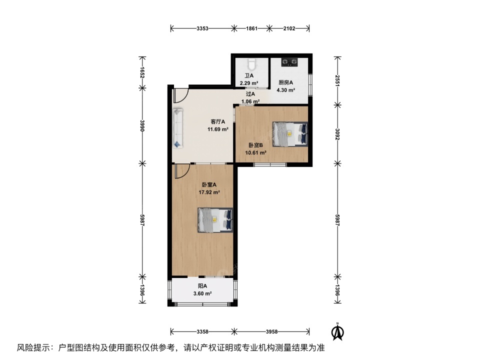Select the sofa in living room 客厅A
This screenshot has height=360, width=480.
coord(178,128)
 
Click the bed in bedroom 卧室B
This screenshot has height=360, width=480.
coord(290,134)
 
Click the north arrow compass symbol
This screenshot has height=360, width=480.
coord(338,330)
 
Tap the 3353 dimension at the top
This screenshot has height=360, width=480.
coord(202,28)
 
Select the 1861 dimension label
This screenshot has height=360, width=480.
coord(251,28)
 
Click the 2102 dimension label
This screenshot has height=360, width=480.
coord(289,28)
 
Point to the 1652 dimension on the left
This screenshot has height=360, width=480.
coord(142,72)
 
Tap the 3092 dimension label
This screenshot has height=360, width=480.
coord(337,133)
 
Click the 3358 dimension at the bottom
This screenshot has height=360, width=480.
coord(202,331)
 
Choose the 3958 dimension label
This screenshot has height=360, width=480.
coord(271,331)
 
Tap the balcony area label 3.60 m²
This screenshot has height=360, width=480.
coord(202,293)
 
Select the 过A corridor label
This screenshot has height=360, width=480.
coord(250,94)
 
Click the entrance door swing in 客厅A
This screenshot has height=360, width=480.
coord(180,93)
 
